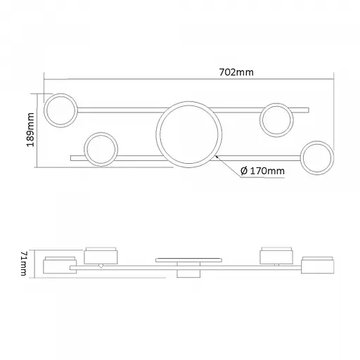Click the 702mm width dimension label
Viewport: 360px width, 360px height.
point(236,72)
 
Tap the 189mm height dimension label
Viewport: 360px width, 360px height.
point(30,130)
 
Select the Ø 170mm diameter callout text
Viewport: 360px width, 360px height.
point(262,171)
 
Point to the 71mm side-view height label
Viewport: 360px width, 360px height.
point(25,264)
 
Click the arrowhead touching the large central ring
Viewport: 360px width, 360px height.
point(217,157)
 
